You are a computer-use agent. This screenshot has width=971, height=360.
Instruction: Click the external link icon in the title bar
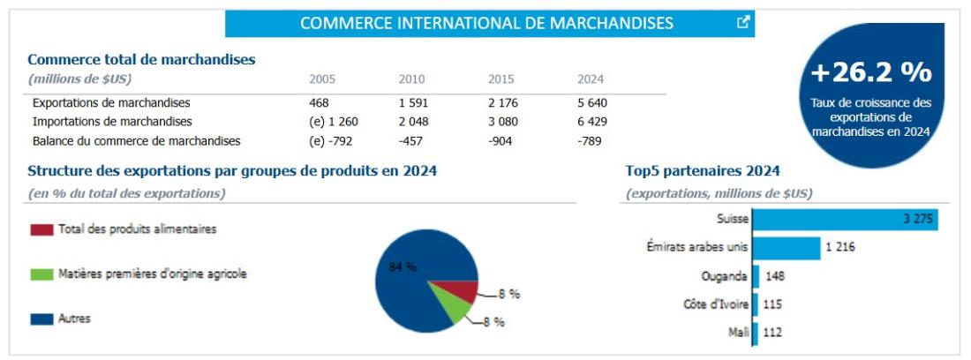click(x=743, y=23)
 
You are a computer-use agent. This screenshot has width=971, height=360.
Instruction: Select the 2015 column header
click(x=501, y=79)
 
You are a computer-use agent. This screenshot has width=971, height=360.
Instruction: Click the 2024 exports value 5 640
click(x=591, y=102)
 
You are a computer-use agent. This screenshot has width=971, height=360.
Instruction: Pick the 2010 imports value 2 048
click(x=413, y=122)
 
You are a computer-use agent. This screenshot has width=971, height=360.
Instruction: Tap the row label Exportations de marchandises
click(x=111, y=102)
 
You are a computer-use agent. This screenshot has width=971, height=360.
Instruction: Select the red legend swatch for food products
click(x=41, y=229)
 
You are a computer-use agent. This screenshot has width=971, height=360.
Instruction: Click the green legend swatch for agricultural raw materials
click(x=41, y=274)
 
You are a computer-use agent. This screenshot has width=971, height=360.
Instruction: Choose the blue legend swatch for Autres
click(x=41, y=319)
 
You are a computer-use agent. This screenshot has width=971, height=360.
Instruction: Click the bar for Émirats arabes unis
click(x=786, y=248)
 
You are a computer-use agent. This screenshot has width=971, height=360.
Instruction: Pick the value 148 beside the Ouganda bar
click(x=775, y=276)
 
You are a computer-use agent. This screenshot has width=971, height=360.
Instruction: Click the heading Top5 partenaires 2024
click(x=702, y=171)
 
